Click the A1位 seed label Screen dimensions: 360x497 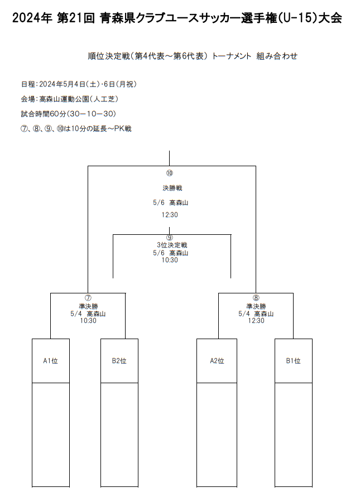click(50, 361)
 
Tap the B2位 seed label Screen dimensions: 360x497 click(119, 361)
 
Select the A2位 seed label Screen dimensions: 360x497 click(217, 361)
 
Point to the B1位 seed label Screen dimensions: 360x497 click(293, 361)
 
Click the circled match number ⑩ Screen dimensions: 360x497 click(169, 173)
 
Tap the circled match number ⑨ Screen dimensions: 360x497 click(169, 238)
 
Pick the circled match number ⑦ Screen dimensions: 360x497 click(88, 298)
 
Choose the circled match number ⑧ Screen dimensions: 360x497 click(256, 298)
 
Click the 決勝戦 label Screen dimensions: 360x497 click(172, 188)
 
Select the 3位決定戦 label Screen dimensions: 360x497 click(172, 245)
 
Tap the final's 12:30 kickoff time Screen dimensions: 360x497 click(170, 215)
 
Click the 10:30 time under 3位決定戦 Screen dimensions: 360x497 click(170, 260)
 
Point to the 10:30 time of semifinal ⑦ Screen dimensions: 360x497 click(88, 320)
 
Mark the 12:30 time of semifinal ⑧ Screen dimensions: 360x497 click(256, 320)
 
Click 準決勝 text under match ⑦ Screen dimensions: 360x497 click(89, 306)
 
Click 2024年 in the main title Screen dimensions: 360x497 click(32, 18)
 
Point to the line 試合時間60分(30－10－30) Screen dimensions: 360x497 click(69, 114)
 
